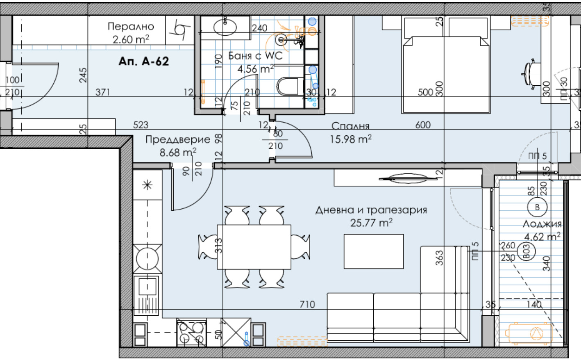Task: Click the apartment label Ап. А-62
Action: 143,61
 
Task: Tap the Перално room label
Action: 131,26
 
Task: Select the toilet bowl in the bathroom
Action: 289,86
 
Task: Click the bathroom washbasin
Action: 225,27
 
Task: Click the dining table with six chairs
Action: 254,247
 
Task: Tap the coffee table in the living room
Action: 373,251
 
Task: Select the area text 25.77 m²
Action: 371,223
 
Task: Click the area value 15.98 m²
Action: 351,139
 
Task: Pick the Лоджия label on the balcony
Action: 542,224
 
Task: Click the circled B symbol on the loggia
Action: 537,207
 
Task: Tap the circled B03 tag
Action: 527,251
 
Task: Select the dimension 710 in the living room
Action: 307,304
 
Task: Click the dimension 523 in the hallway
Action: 141,125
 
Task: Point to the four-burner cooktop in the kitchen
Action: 191,333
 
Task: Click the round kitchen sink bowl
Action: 147,258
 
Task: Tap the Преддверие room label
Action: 177,139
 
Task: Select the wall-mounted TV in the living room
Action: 407,178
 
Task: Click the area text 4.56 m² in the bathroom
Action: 256,69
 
